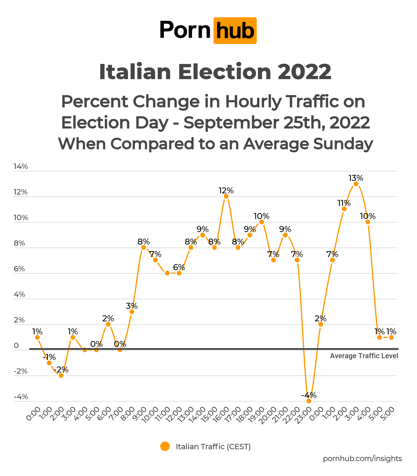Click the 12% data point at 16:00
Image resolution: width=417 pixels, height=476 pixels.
[x=226, y=196]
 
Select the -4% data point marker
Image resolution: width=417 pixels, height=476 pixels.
[x=309, y=401]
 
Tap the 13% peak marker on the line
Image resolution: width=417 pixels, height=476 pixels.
[x=356, y=184]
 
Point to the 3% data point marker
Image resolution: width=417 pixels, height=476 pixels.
[x=132, y=312]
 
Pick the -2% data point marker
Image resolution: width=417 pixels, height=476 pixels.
[x=61, y=375]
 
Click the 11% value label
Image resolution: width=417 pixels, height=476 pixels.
[x=344, y=203]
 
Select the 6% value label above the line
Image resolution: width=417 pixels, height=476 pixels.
[x=179, y=267]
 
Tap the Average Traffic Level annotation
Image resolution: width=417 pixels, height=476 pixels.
[x=364, y=356]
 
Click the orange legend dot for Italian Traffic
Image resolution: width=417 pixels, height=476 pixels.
[x=165, y=447]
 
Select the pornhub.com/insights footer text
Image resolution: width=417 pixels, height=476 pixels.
[x=362, y=458]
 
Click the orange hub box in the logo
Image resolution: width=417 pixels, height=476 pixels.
[x=235, y=31]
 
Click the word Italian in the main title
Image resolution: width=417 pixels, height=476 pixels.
[x=135, y=72]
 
